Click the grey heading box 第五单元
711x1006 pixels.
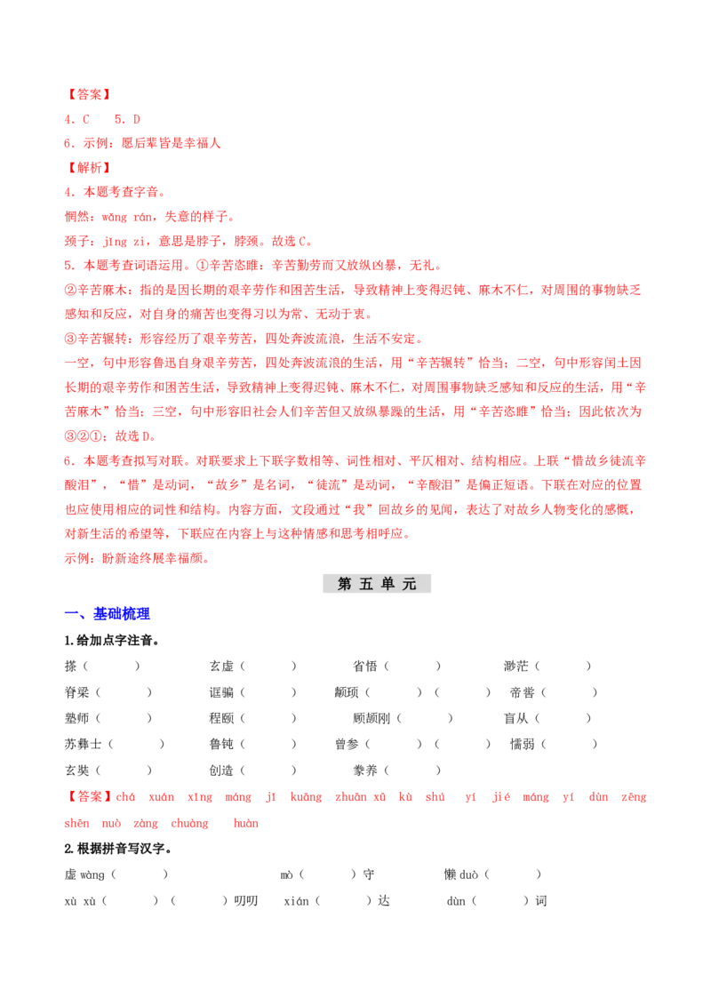pyautogui.click(x=377, y=583)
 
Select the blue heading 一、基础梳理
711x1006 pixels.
pyautogui.click(x=108, y=614)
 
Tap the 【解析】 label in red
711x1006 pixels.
pyautogui.click(x=89, y=167)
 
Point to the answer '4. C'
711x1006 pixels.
pyautogui.click(x=77, y=119)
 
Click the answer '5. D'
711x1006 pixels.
pyautogui.click(x=127, y=119)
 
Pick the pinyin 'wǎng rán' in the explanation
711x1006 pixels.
pyautogui.click(x=127, y=217)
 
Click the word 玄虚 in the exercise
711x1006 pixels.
pyautogui.click(x=221, y=666)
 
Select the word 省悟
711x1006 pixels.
pyautogui.click(x=365, y=666)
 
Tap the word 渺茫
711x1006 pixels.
pyautogui.click(x=516, y=666)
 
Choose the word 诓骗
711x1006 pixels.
pyautogui.click(x=221, y=692)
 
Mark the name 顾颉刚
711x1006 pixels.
pyautogui.click(x=371, y=719)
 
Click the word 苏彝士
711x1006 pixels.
pyautogui.click(x=84, y=744)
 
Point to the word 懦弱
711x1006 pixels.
pyautogui.click(x=523, y=744)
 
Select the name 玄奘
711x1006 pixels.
pyautogui.click(x=77, y=770)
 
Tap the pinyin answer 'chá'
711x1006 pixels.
pyautogui.click(x=126, y=797)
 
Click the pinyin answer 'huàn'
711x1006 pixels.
pyautogui.click(x=246, y=823)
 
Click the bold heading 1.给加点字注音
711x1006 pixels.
pyautogui.click(x=112, y=640)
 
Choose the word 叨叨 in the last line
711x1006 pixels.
pyautogui.click(x=246, y=901)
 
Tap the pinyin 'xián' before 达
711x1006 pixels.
pyautogui.click(x=297, y=901)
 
